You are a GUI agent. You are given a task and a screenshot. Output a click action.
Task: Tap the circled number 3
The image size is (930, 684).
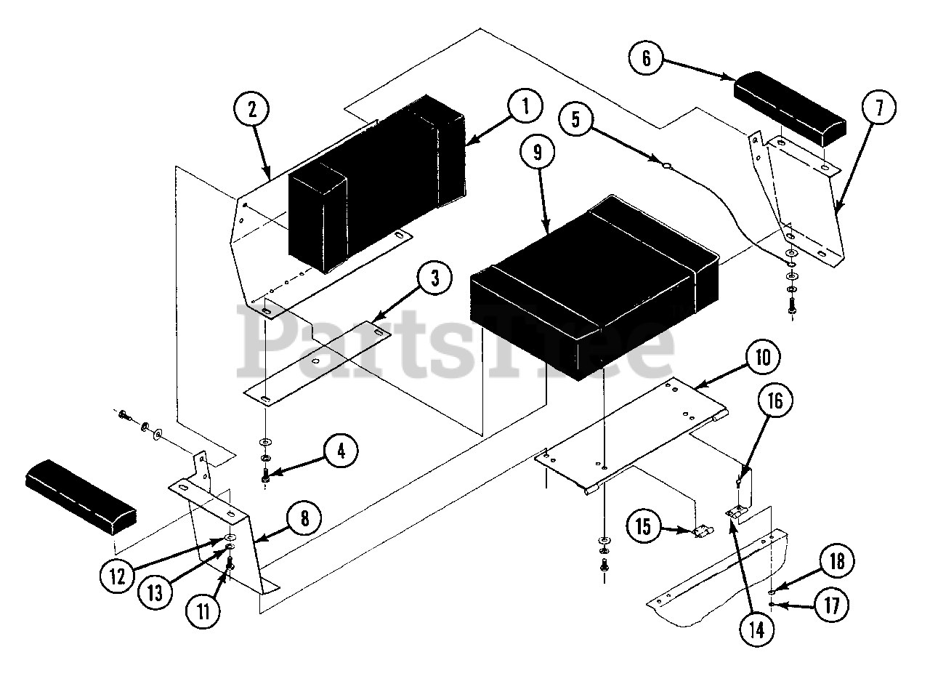(x=434, y=280)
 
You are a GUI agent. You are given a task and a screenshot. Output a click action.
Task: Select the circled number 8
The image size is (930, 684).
(x=303, y=518)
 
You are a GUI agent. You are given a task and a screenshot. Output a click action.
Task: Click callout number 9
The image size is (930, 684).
(x=537, y=153)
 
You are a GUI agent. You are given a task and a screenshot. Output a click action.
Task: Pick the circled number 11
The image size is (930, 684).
(x=204, y=610)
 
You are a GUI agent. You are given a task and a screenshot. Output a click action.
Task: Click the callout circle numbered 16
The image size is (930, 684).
(x=776, y=400)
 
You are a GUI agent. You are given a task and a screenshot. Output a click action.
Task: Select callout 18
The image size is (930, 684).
(x=836, y=560)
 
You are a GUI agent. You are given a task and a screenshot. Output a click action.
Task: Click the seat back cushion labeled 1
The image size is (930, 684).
(x=378, y=182)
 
